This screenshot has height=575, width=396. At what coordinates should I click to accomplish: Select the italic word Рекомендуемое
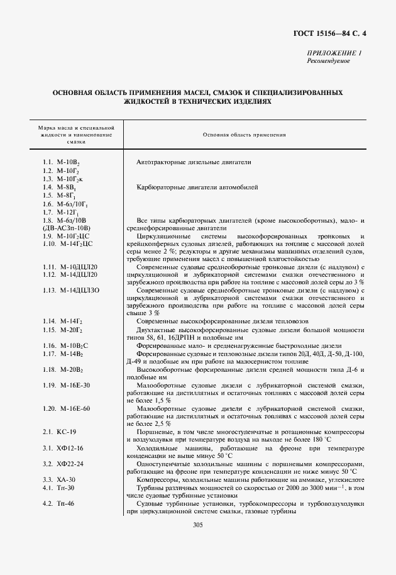coord(328,61)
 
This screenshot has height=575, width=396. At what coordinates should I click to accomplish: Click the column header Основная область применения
coord(245,135)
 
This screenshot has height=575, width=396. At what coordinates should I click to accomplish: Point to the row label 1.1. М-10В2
coord(61,162)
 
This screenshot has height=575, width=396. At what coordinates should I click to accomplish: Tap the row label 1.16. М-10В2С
coord(66,345)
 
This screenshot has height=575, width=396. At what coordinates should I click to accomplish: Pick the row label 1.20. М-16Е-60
coord(67,408)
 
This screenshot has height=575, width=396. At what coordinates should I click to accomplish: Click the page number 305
coord(198,525)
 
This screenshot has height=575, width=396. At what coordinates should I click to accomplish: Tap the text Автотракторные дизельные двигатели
coord(194,162)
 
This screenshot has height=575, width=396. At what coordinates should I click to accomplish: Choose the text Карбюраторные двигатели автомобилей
coord(196,187)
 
